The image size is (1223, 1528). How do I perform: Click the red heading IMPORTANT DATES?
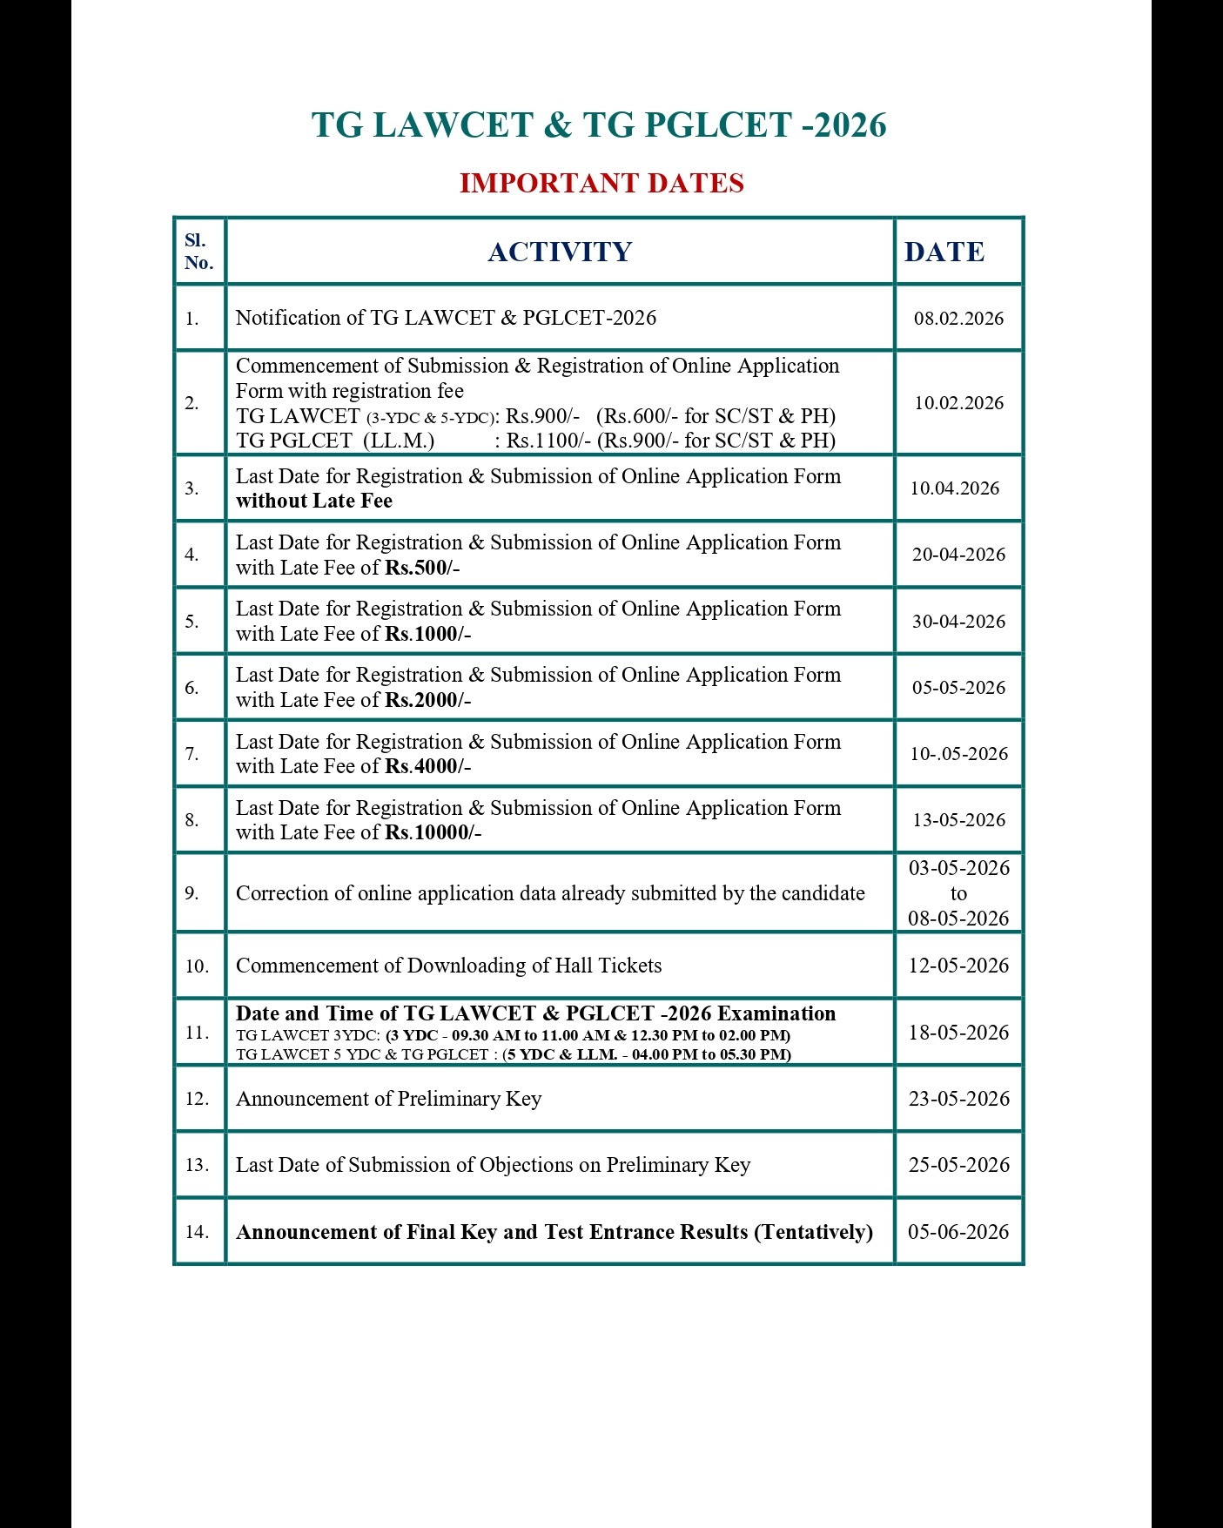(x=601, y=184)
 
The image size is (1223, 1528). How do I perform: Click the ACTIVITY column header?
(x=560, y=252)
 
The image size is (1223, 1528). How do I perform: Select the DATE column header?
(x=944, y=252)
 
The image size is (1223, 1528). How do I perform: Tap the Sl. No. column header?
(x=198, y=252)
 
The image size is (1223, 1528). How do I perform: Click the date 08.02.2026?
(x=958, y=319)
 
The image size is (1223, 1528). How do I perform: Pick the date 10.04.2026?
(x=955, y=488)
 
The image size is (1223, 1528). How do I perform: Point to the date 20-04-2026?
(x=958, y=555)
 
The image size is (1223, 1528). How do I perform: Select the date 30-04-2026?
(x=958, y=622)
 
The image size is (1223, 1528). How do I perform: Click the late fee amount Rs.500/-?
(x=422, y=569)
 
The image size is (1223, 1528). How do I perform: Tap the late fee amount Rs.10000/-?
(x=433, y=833)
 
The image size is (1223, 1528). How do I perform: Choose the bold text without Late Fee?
(x=314, y=501)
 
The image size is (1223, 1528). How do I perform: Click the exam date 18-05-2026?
(x=958, y=1033)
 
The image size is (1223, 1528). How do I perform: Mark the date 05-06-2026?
(x=958, y=1232)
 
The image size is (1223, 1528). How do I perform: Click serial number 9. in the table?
(x=192, y=893)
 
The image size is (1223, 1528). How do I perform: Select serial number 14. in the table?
(x=197, y=1232)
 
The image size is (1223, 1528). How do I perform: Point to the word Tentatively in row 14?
(x=813, y=1232)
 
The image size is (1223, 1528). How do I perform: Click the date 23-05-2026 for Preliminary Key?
(x=958, y=1099)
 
